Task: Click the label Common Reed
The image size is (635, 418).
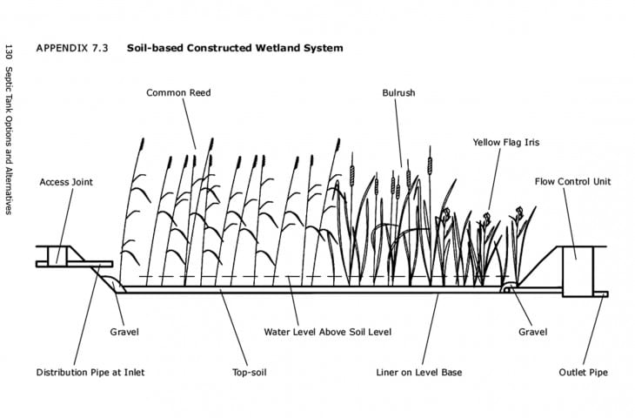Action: (178, 93)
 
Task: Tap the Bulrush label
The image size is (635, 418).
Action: (398, 93)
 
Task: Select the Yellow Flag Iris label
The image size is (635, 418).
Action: (506, 142)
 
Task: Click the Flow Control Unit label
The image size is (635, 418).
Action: (572, 182)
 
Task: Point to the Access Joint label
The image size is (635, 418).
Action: (66, 182)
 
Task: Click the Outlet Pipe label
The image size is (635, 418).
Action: (583, 372)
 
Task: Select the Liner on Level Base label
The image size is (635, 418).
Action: (418, 372)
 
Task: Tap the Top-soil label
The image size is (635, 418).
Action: (250, 372)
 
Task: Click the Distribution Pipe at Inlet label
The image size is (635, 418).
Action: (90, 372)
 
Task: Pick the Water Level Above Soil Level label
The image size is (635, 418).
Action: (328, 332)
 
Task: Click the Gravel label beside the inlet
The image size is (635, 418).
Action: (124, 332)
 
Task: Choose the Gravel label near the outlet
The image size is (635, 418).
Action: (532, 332)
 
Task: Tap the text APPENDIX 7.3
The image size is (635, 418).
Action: (72, 48)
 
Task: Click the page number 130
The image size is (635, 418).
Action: (9, 53)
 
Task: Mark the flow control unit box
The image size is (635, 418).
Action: (578, 272)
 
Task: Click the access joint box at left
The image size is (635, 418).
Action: (57, 256)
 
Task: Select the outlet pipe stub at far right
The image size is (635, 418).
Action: (600, 294)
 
